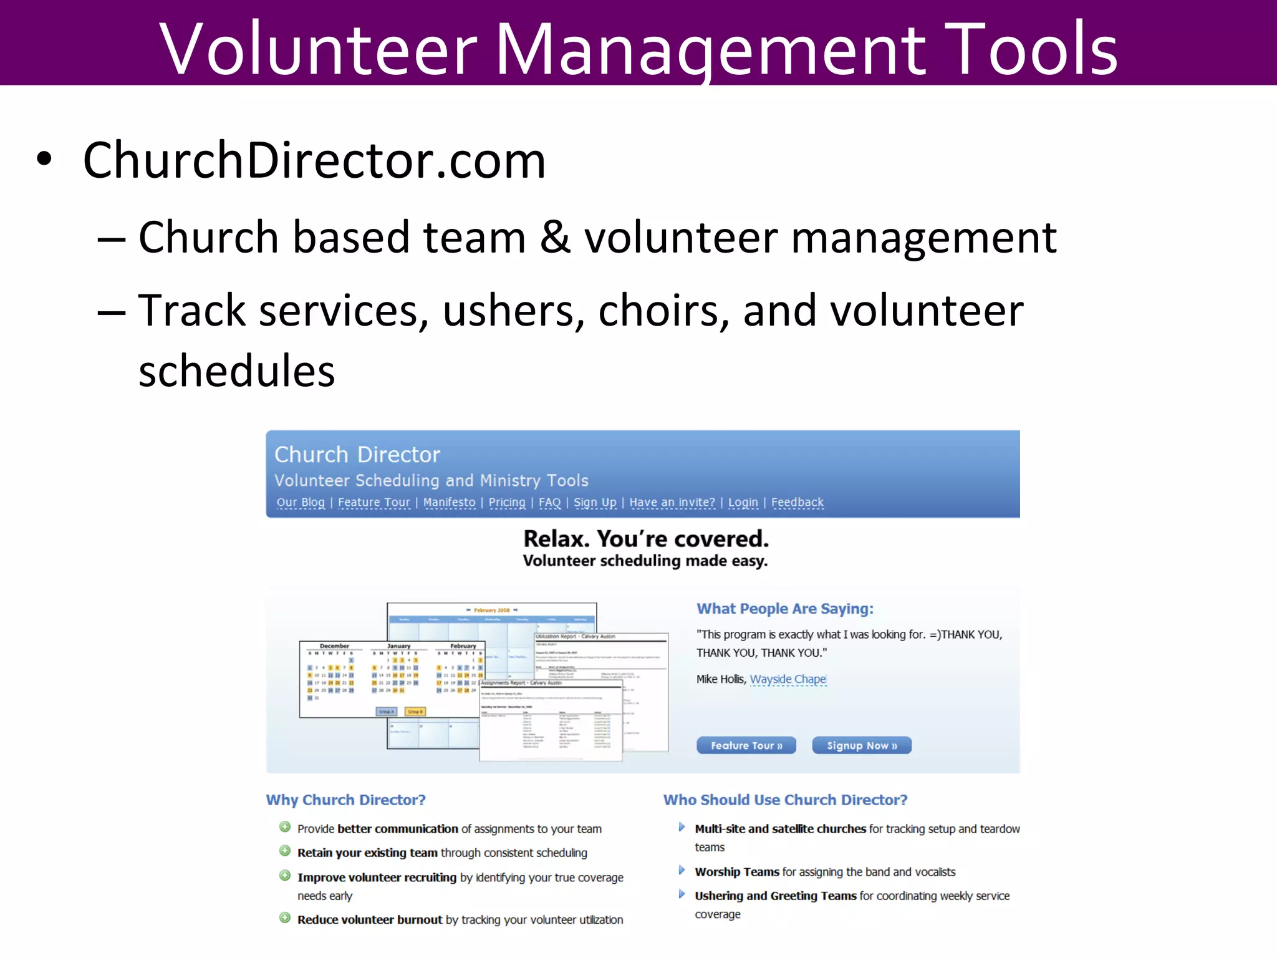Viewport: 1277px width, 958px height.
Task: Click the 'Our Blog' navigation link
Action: (x=301, y=502)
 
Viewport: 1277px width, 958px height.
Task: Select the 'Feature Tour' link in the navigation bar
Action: (x=374, y=502)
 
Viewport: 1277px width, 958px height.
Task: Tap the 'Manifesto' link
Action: (x=449, y=502)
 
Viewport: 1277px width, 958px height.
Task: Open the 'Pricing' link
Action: (x=507, y=502)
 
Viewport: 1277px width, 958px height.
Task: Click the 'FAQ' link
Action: (x=549, y=502)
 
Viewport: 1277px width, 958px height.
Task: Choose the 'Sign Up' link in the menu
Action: (x=595, y=502)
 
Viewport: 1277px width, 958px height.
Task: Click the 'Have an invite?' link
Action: (x=672, y=502)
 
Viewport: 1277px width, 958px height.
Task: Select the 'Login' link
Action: (x=743, y=502)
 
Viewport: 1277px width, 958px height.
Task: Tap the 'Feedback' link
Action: (x=798, y=502)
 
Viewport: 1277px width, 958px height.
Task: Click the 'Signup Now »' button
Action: (x=862, y=745)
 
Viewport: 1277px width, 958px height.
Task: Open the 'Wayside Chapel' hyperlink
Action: (x=788, y=679)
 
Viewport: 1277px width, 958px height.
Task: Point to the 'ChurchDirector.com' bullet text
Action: (x=314, y=160)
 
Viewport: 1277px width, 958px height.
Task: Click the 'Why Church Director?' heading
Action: (x=345, y=800)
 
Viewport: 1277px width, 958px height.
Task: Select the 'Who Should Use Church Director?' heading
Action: (x=785, y=800)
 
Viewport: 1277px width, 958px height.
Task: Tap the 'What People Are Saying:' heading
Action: (x=785, y=609)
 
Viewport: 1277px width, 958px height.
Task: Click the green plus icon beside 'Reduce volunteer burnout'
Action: (x=285, y=918)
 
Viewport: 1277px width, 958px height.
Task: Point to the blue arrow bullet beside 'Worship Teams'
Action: (x=682, y=870)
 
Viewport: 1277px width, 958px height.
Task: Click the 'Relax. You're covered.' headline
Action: (x=646, y=538)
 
